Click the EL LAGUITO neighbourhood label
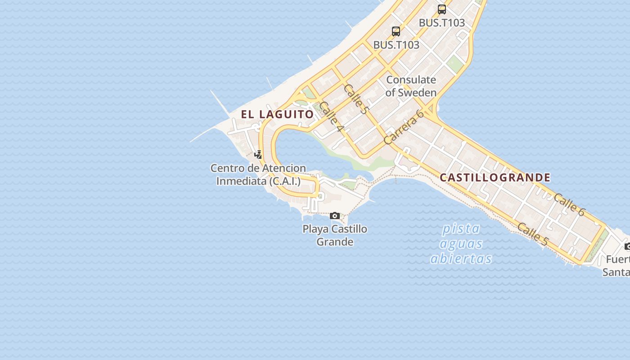click(277, 114)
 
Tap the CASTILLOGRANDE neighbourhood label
click(495, 177)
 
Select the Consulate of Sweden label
click(411, 86)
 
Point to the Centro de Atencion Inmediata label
click(258, 175)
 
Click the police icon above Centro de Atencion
click(258, 155)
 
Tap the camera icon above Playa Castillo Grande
click(334, 216)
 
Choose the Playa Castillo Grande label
click(335, 235)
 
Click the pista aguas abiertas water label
click(461, 244)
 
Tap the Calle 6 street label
click(569, 205)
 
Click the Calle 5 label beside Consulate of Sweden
click(356, 99)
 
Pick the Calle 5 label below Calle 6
click(532, 234)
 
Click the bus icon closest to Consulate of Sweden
click(396, 31)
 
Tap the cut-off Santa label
click(616, 272)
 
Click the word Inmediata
click(241, 181)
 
